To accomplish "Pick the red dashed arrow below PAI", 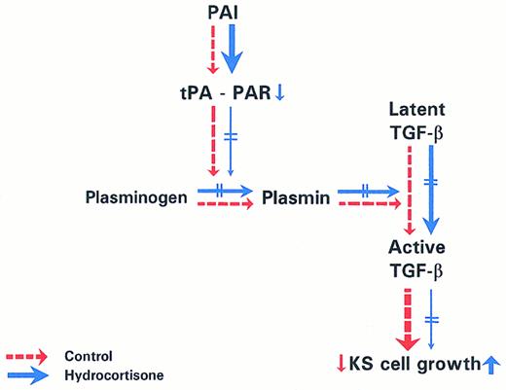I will tap(209, 50).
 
